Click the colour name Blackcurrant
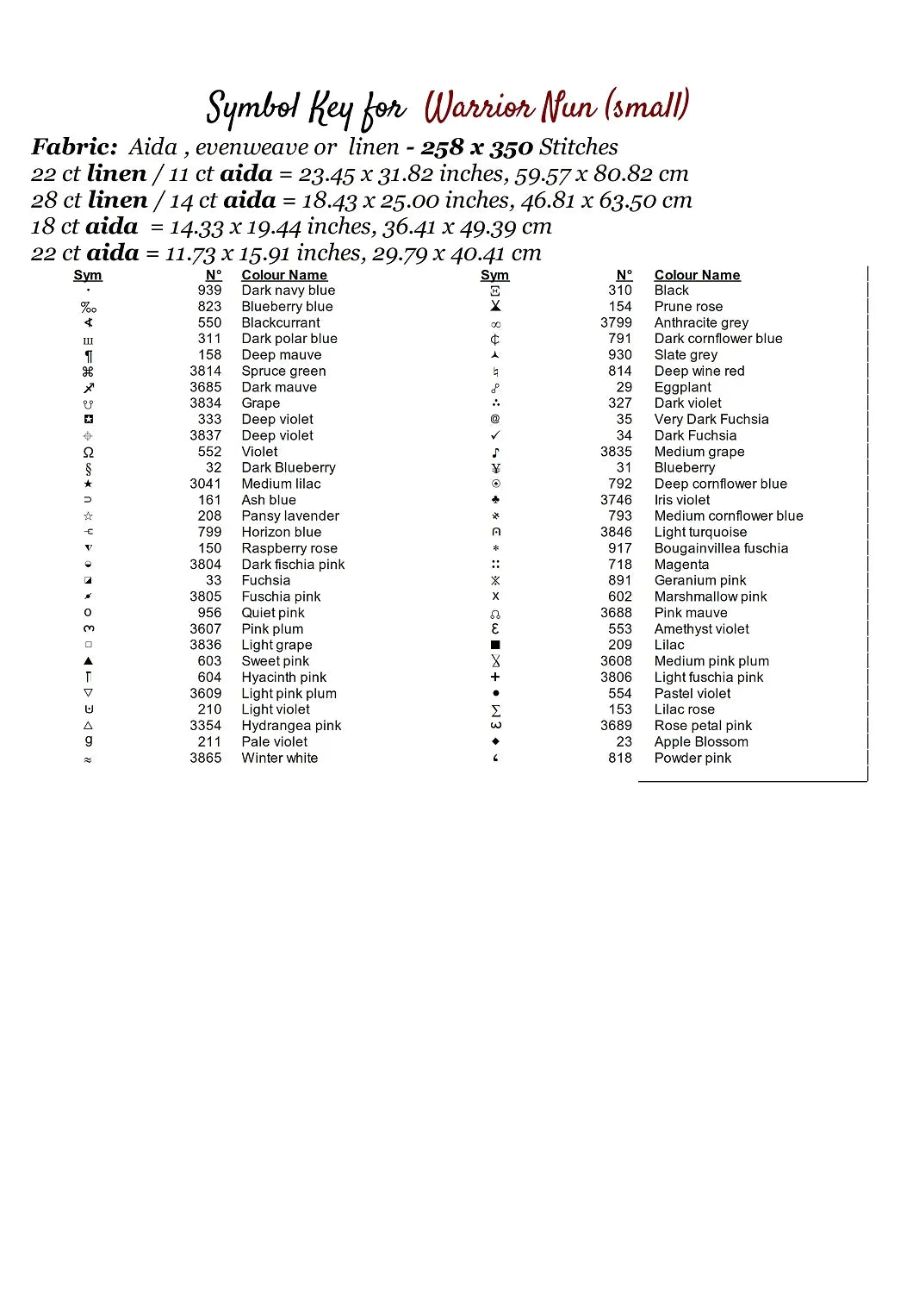(281, 323)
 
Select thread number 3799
(616, 323)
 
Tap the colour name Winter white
(279, 759)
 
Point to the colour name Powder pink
(693, 759)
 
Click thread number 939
(209, 290)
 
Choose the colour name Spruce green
(283, 372)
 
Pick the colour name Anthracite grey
(701, 323)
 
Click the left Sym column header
(88, 275)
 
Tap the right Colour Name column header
(697, 275)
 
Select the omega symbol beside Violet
(88, 453)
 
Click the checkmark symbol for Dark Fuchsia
(495, 436)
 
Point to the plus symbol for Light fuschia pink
(495, 678)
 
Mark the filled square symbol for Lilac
(495, 645)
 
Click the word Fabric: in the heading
(74, 147)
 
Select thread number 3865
(206, 759)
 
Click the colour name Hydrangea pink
(291, 726)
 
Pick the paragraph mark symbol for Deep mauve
(88, 356)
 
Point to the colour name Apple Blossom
(701, 742)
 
